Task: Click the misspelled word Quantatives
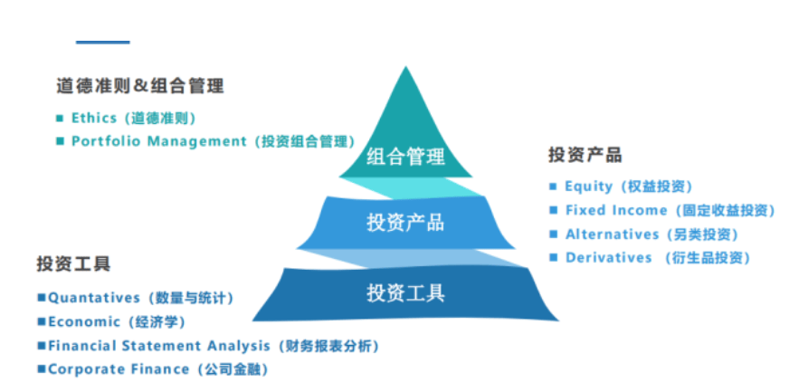coord(93,298)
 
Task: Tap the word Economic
coord(84,321)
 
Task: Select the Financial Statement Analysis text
coord(159,346)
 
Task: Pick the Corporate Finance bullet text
coord(119,369)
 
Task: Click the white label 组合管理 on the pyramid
coord(405,156)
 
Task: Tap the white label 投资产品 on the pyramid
coord(405,222)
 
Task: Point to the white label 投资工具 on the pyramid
coord(405,292)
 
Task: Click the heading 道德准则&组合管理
coord(140,86)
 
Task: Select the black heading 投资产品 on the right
coord(585,155)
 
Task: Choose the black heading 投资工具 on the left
coord(73,263)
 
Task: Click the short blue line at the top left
coord(102,43)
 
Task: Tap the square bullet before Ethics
coord(60,119)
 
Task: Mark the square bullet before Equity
coord(553,187)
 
